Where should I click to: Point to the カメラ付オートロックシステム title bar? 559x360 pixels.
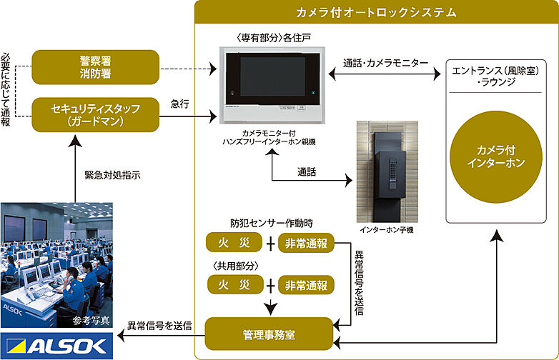(376, 13)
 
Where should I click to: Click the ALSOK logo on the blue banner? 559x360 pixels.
(56, 346)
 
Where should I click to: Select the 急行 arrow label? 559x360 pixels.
(180, 104)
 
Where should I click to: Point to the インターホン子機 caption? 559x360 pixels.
(386, 230)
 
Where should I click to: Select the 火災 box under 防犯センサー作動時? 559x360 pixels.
(234, 244)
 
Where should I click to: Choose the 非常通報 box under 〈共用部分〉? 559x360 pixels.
(306, 285)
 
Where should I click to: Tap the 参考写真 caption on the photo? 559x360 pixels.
(91, 320)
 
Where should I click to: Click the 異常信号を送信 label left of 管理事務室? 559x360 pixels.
(159, 326)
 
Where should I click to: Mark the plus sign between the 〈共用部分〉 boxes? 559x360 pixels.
(270, 285)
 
